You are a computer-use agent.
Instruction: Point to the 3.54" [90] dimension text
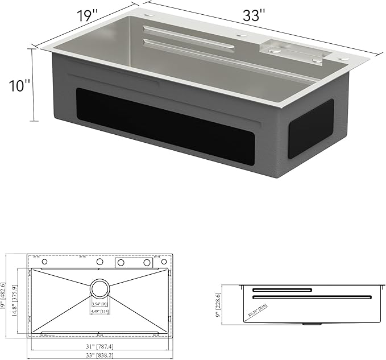pyautogui.click(x=100, y=304)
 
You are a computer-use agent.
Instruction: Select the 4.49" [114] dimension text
pyautogui.click(x=100, y=311)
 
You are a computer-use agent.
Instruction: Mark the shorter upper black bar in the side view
pyautogui.click(x=283, y=290)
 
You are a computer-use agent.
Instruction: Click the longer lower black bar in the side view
pyautogui.click(x=313, y=296)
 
